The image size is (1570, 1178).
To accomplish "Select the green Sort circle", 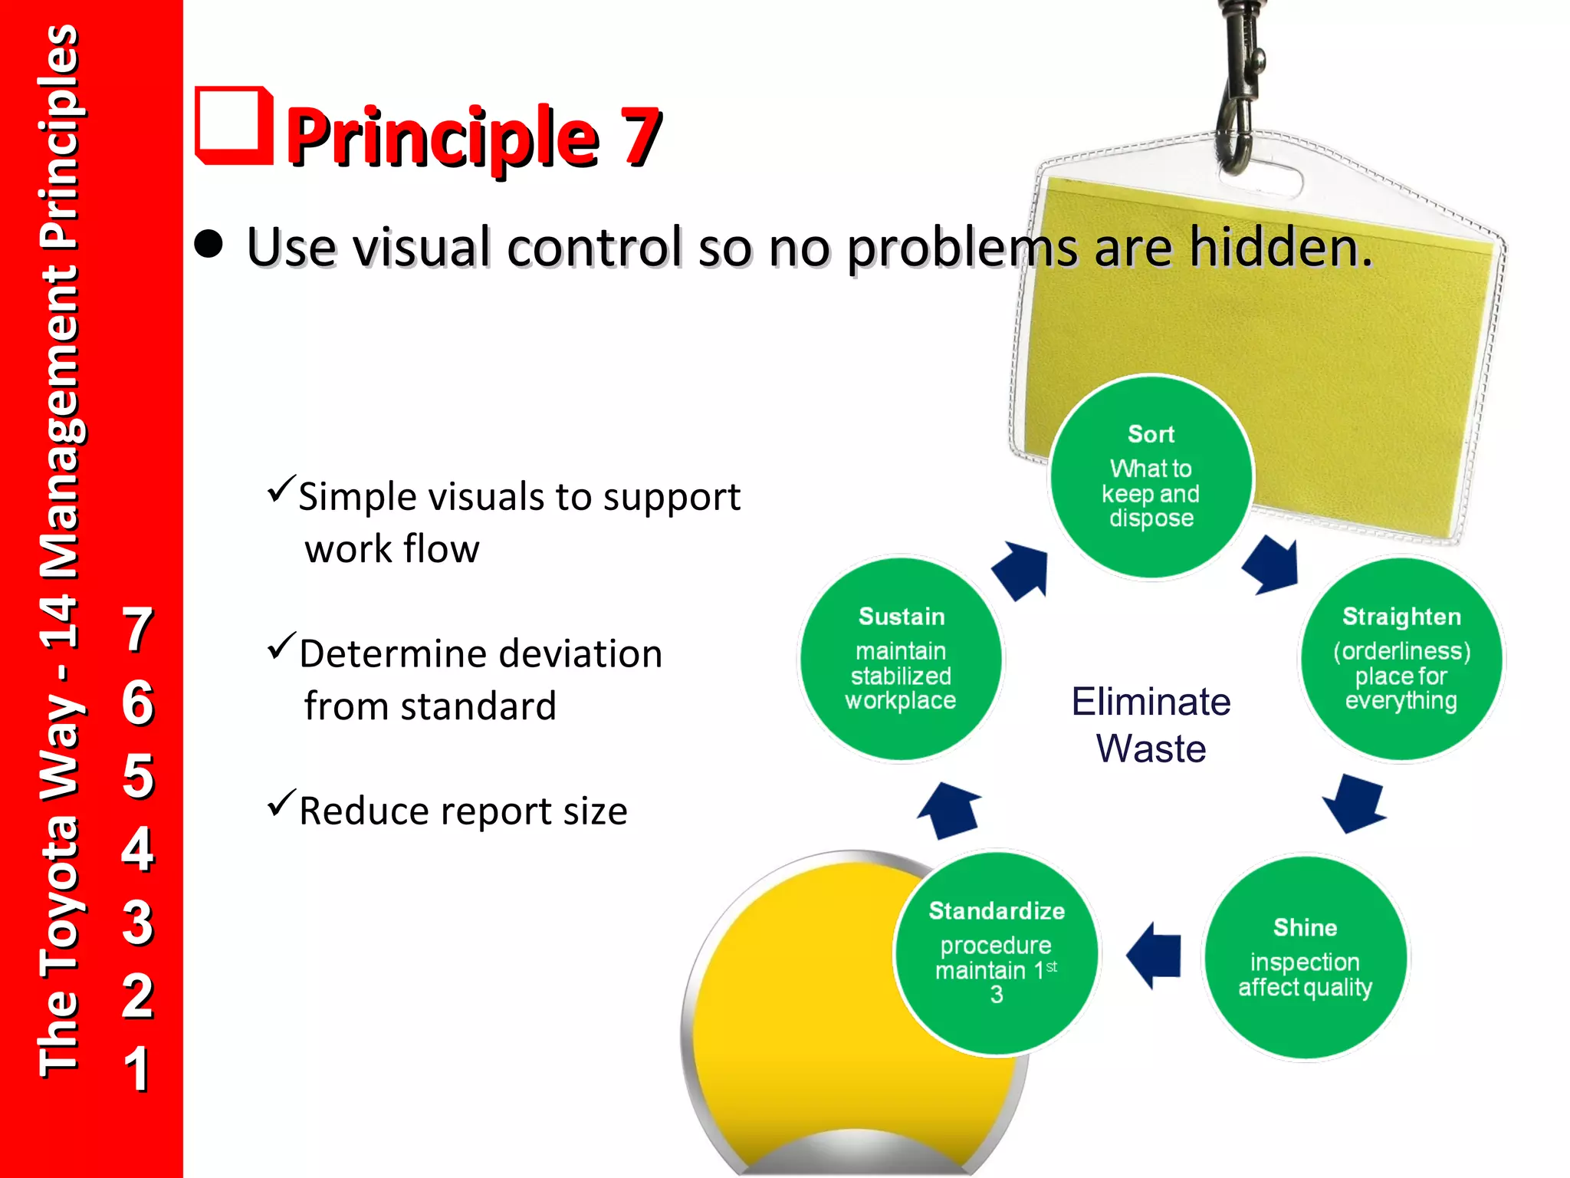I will [x=1151, y=477].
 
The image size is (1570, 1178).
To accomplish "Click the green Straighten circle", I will [x=1401, y=659].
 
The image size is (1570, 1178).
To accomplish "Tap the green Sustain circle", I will [x=901, y=659].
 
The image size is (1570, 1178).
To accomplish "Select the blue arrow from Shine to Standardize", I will [x=1154, y=956].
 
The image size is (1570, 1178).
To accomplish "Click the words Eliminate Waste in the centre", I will [x=1151, y=724].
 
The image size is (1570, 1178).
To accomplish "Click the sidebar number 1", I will [x=137, y=1068].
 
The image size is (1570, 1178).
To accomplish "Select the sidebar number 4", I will [x=137, y=848].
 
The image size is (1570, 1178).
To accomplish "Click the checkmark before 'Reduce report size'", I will [x=281, y=803].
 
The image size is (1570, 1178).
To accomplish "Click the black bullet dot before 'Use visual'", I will [x=209, y=245].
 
